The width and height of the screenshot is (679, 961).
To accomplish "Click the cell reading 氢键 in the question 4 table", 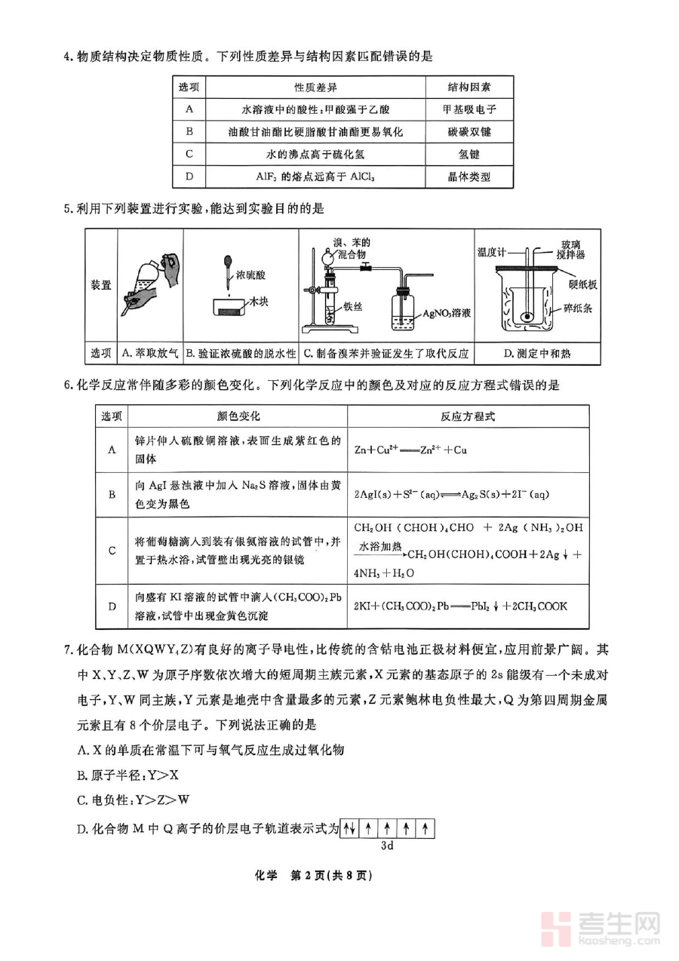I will [469, 154].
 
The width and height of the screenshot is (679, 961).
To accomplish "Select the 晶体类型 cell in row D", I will [469, 177].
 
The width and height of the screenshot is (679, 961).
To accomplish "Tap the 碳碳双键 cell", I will [469, 131].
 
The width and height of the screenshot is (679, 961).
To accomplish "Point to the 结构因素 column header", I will [469, 87].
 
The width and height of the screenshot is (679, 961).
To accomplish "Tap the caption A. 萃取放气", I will [150, 353].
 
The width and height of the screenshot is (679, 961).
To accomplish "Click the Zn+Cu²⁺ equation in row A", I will [410, 450].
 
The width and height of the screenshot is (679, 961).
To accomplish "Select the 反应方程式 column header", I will [468, 416].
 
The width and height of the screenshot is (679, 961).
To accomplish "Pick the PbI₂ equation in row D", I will [460, 606].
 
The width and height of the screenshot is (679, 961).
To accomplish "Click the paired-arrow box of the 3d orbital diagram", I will [349, 828].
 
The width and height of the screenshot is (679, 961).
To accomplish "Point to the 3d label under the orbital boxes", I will [388, 846].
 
